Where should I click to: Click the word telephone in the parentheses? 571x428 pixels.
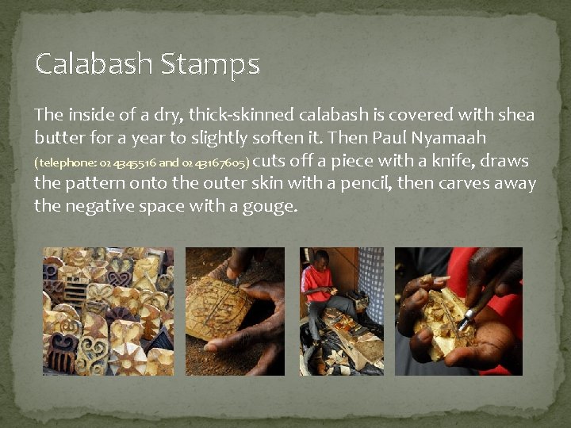pos(66,163)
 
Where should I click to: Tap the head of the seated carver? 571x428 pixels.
pos(320,258)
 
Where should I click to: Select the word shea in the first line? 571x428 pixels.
pos(517,115)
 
